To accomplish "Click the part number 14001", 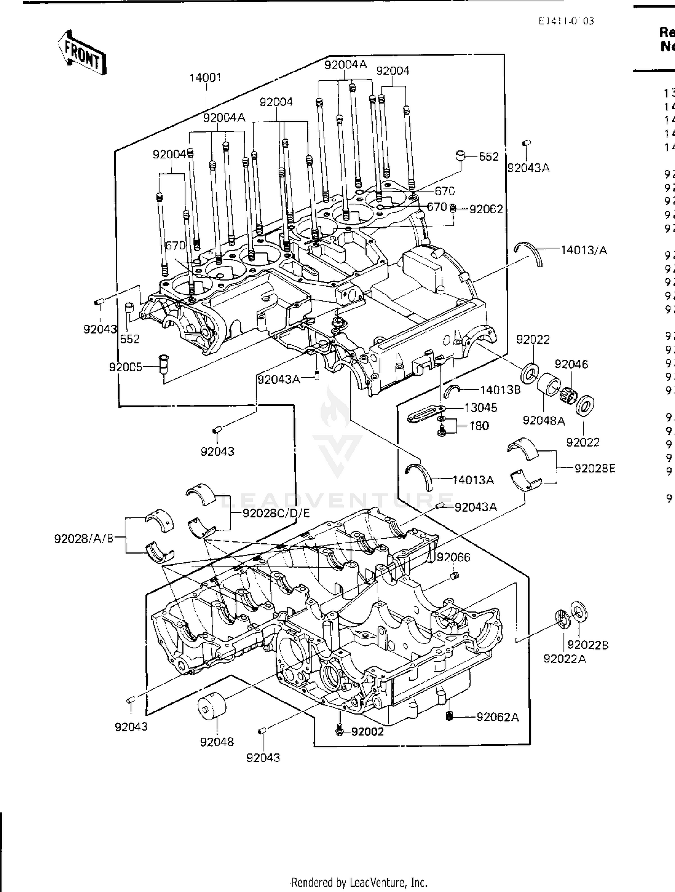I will click(x=206, y=77).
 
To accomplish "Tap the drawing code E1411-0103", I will click(x=566, y=21).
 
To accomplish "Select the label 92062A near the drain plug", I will click(x=498, y=717).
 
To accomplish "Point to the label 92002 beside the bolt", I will click(x=367, y=732).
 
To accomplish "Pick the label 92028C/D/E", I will click(x=276, y=513).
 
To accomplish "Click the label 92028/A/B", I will click(x=84, y=538).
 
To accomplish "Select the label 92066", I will click(x=453, y=557).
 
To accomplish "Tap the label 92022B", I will click(x=588, y=645).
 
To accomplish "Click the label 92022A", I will click(x=564, y=659).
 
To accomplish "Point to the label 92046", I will click(x=571, y=364).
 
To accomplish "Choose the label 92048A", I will click(x=544, y=421).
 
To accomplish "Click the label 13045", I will click(x=481, y=408).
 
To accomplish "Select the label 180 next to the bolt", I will click(x=479, y=426).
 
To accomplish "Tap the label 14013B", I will click(x=500, y=390).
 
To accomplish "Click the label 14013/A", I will click(x=584, y=250).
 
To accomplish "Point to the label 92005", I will click(x=126, y=367).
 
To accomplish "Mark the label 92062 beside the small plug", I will click(x=486, y=209).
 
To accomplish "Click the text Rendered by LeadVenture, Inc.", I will click(x=359, y=882).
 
